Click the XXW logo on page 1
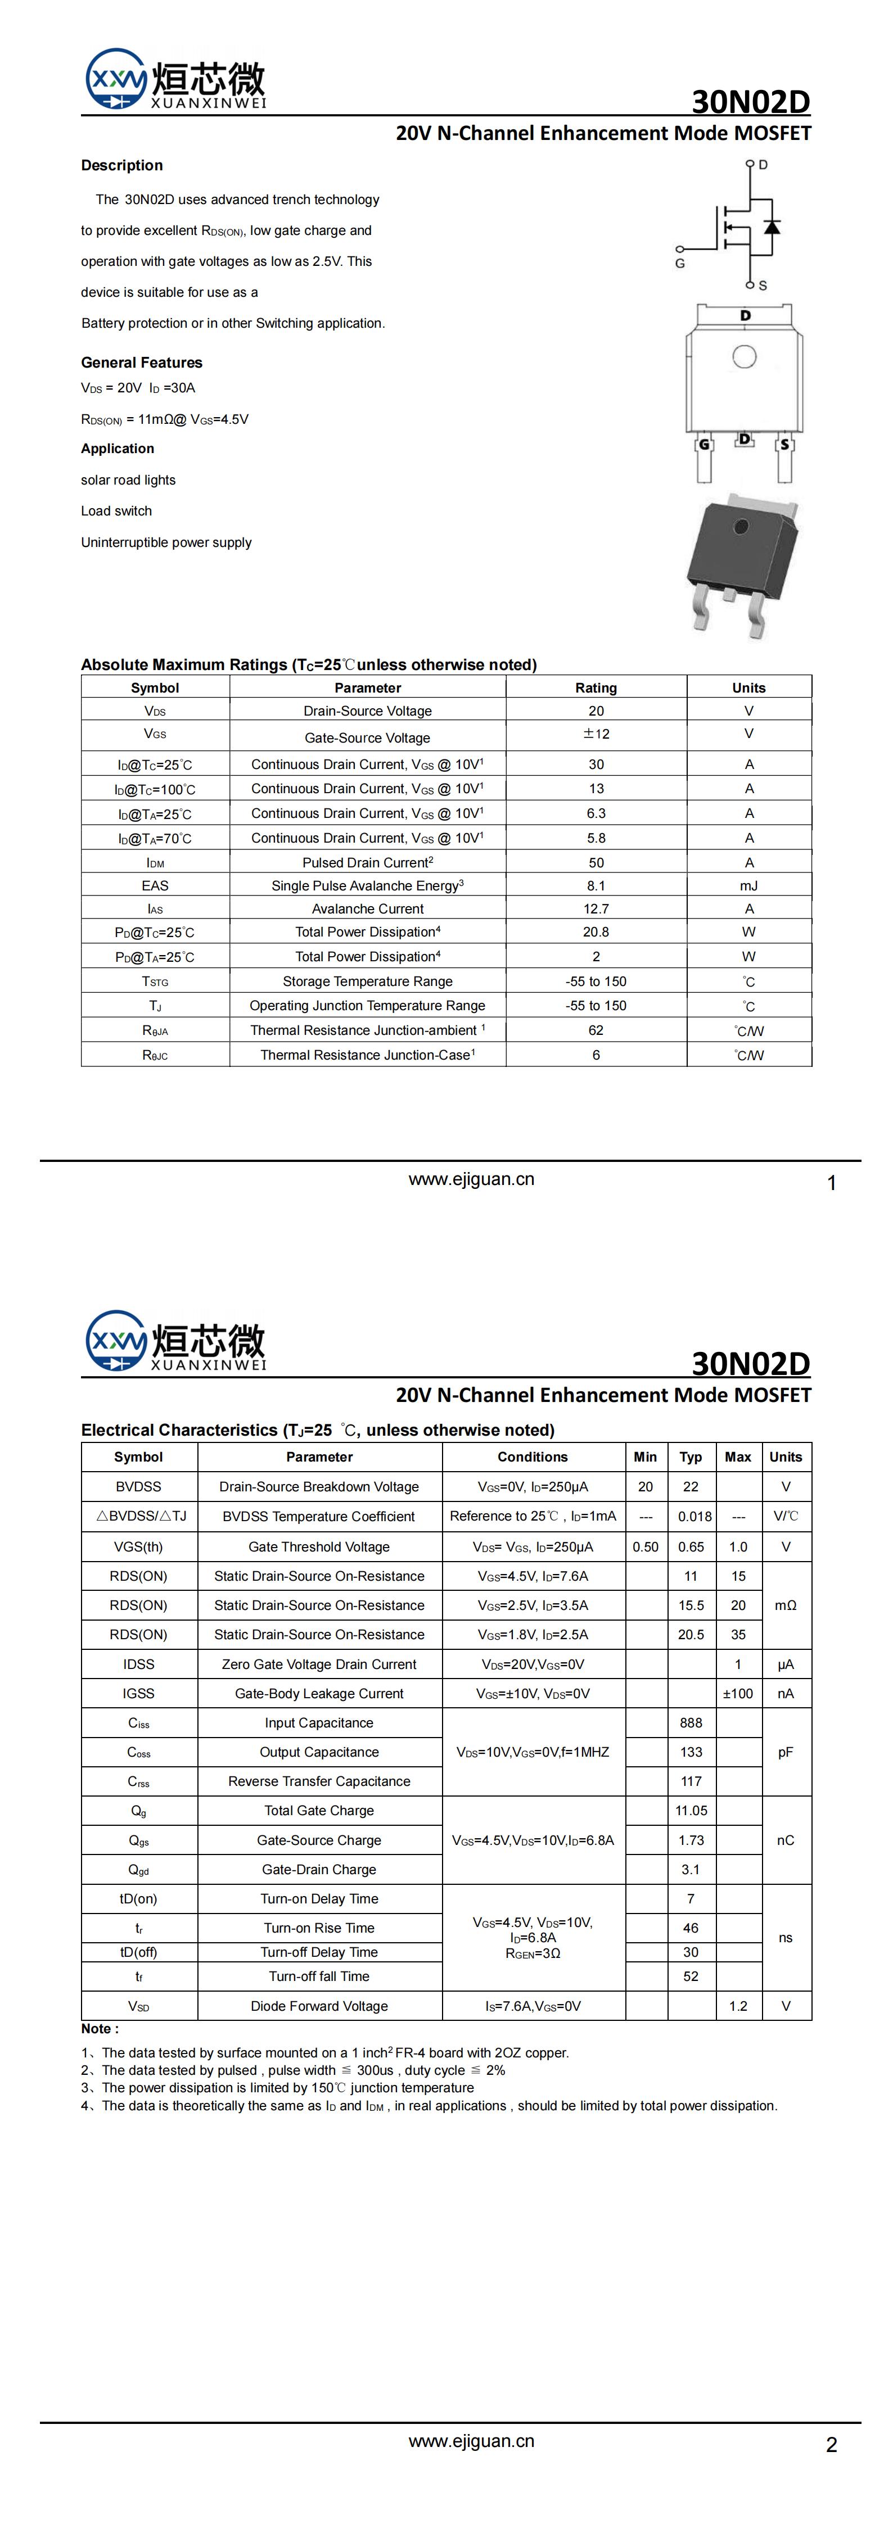(x=116, y=78)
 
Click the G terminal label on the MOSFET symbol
(x=679, y=264)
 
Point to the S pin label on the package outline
(x=784, y=445)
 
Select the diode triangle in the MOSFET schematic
(x=772, y=227)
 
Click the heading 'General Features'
(x=141, y=363)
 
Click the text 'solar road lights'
(x=128, y=480)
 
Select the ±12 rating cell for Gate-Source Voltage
(x=596, y=734)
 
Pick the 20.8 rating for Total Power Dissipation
(x=596, y=932)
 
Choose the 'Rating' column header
(x=596, y=688)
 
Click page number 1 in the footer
(x=831, y=1184)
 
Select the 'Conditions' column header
(x=533, y=1457)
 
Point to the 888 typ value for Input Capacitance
(x=691, y=1722)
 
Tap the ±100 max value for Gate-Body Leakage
(x=738, y=1693)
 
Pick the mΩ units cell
(x=785, y=1605)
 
